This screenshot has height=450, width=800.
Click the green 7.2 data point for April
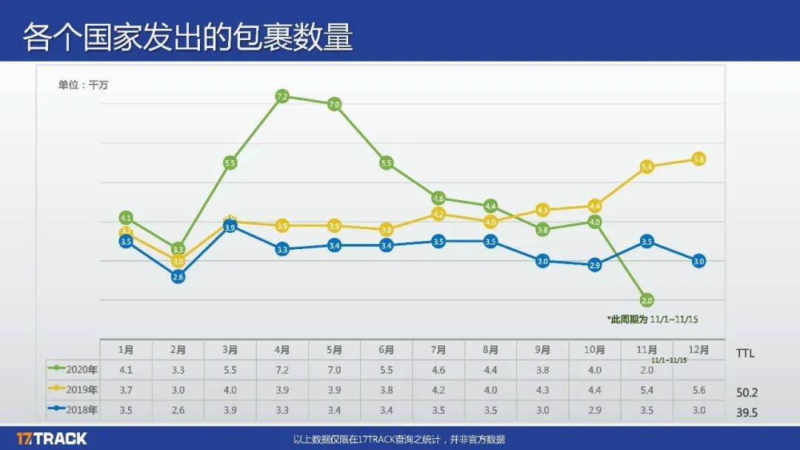click(x=282, y=96)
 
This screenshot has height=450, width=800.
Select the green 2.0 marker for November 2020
click(x=647, y=300)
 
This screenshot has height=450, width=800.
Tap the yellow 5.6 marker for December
click(x=699, y=159)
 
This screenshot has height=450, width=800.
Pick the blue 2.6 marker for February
click(x=178, y=277)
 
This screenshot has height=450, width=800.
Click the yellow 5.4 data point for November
click(x=647, y=168)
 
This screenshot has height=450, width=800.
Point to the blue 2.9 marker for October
click(x=594, y=265)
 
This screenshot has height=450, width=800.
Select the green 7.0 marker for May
click(x=334, y=105)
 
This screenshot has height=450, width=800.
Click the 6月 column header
click(x=386, y=350)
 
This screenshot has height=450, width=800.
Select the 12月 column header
click(x=699, y=349)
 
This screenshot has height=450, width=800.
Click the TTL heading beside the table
click(x=745, y=354)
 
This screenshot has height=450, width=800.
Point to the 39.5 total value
click(x=747, y=412)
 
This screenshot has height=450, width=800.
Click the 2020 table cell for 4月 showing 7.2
click(x=282, y=370)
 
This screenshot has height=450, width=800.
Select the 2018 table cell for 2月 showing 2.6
click(x=178, y=410)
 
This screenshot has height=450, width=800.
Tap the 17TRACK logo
click(x=52, y=438)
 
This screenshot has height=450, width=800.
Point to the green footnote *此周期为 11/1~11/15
click(x=653, y=320)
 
